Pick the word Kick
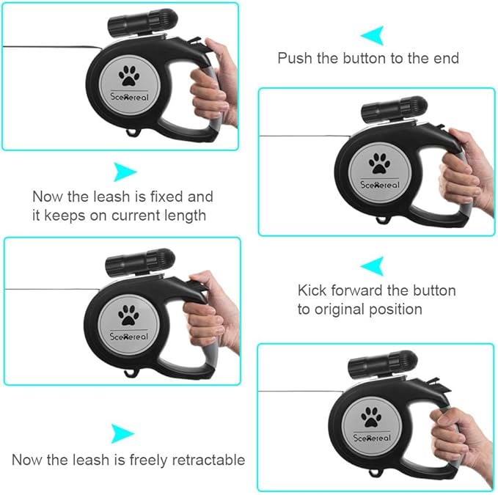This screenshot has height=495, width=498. click(x=312, y=290)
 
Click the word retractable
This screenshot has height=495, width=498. click(x=209, y=460)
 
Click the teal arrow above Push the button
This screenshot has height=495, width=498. click(x=373, y=35)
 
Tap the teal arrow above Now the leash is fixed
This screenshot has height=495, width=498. click(x=125, y=172)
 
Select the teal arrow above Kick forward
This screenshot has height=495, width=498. click(x=373, y=265)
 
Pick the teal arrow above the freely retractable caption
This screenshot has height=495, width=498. click(x=122, y=433)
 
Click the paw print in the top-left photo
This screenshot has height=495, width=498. click(x=129, y=76)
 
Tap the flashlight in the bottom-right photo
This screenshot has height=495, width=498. click(x=383, y=364)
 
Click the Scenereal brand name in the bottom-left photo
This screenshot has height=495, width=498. click(x=128, y=337)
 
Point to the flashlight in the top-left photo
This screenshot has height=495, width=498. click(x=142, y=21)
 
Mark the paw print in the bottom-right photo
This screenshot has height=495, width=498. click(x=371, y=417)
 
